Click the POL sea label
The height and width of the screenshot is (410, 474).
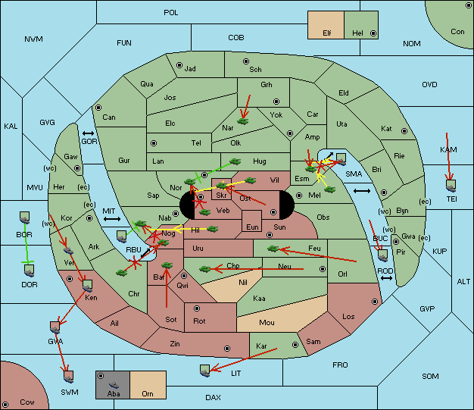(x=170, y=13)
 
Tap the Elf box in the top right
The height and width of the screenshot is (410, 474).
(x=327, y=33)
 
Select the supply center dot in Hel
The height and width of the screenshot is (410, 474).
(x=373, y=34)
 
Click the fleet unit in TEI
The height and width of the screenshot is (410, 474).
(x=451, y=184)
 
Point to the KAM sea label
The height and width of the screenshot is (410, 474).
(x=448, y=150)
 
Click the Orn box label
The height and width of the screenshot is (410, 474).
(x=147, y=394)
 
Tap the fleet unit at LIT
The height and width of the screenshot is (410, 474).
(x=204, y=370)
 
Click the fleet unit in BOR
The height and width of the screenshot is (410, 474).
(x=24, y=216)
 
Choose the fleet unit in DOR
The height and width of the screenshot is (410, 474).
(x=29, y=270)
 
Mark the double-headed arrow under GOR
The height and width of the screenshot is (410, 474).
(x=89, y=133)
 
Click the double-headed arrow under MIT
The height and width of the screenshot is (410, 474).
(x=112, y=219)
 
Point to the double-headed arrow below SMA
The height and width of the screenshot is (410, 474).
(x=362, y=191)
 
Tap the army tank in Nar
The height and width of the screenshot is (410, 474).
(x=243, y=120)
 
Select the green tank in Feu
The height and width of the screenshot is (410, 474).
(x=273, y=248)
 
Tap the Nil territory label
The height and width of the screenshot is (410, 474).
(x=243, y=283)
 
